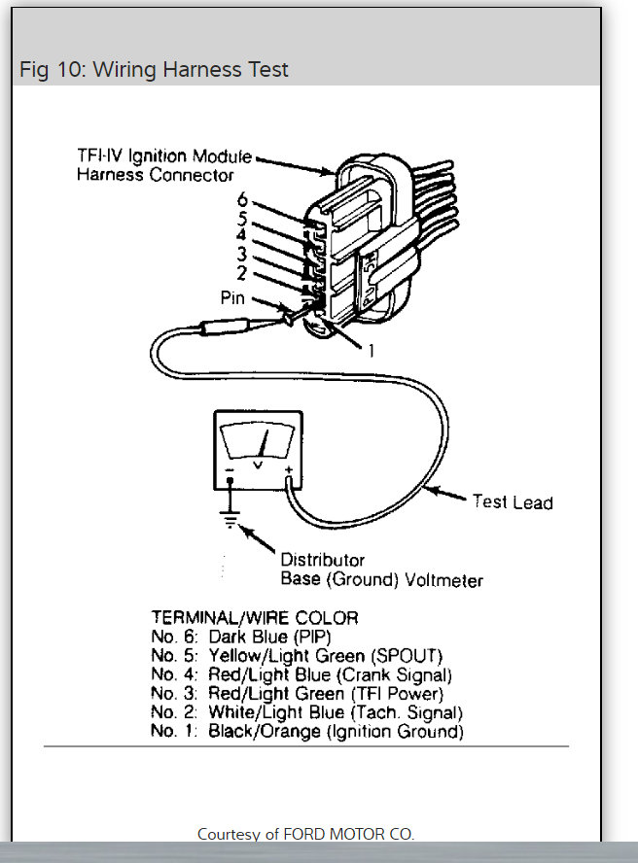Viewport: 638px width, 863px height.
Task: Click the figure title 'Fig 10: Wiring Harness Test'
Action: tap(154, 70)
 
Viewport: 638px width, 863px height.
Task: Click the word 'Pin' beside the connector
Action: tap(232, 298)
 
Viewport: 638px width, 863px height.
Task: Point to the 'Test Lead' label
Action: tap(512, 502)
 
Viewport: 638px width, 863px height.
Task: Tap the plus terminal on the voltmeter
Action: tap(289, 474)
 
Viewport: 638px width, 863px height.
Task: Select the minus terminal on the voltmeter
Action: tap(230, 474)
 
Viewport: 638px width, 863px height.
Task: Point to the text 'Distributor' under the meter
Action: tap(322, 560)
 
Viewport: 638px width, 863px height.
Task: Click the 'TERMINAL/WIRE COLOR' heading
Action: tap(255, 617)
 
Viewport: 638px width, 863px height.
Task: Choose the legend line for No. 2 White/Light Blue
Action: tap(306, 712)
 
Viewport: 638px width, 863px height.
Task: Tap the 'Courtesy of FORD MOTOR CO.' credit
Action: tap(304, 834)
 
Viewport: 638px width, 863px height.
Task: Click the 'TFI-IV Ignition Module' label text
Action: tap(163, 156)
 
